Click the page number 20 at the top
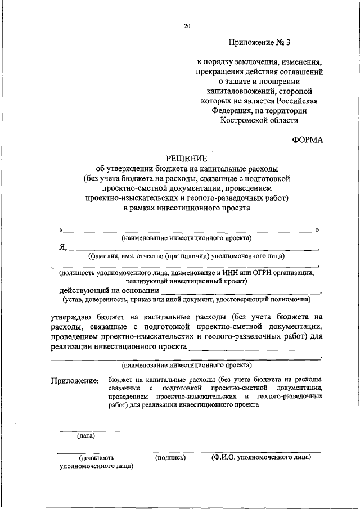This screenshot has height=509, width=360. tap(187, 26)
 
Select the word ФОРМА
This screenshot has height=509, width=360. tap(308, 140)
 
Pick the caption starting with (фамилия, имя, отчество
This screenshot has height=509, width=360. tap(186, 256)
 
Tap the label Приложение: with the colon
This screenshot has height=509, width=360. tap(75, 381)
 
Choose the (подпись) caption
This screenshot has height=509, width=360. tap(170, 458)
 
